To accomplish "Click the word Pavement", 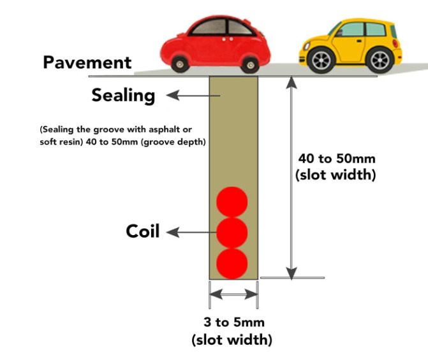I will (x=87, y=63).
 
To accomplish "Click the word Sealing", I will (x=123, y=96).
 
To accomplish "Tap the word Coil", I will (x=142, y=231).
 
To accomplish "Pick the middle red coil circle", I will (x=232, y=233).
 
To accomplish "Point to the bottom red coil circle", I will (x=232, y=263).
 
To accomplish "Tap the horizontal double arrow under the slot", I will (x=233, y=294).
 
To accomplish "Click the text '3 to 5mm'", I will (x=232, y=322).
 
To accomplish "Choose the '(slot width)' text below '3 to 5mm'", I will (x=232, y=340).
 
